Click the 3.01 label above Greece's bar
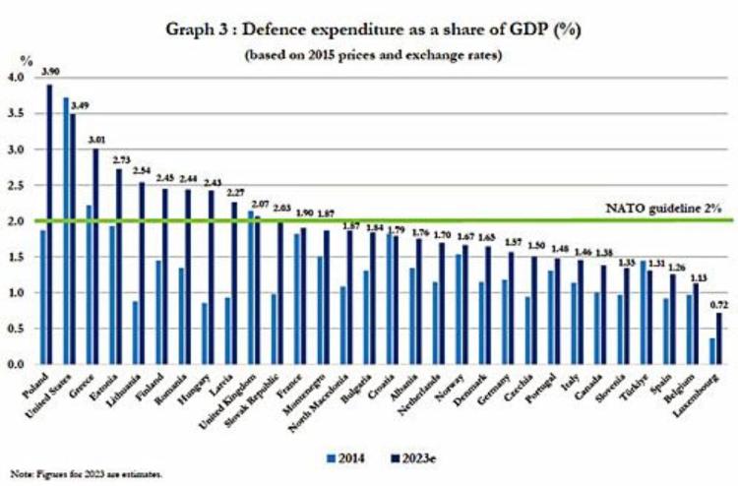point(96,139)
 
